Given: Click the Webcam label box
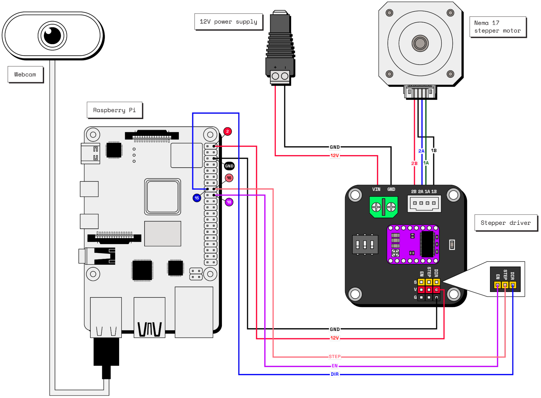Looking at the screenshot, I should click(25, 75).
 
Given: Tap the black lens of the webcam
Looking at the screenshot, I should click(52, 35).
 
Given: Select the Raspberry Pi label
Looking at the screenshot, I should click(114, 110).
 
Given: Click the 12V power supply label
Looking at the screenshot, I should click(228, 22).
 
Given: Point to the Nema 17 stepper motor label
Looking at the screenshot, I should click(497, 27).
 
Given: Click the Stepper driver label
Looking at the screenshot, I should click(506, 223).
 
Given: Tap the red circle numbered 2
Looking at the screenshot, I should click(227, 131).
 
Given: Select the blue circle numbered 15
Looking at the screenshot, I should click(197, 198).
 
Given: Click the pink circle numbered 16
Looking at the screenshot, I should click(229, 178).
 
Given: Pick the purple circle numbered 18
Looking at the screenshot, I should click(229, 202).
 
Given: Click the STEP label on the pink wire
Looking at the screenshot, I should click(335, 357).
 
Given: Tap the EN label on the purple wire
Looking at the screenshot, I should click(335, 366).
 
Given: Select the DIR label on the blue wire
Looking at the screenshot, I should click(335, 374).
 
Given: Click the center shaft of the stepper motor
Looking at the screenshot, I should click(420, 43).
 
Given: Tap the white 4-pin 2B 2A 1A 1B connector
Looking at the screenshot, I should click(424, 203).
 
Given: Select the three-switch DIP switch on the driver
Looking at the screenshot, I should click(365, 245).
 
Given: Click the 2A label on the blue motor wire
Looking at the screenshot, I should click(421, 151).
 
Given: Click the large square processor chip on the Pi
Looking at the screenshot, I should click(162, 197).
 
